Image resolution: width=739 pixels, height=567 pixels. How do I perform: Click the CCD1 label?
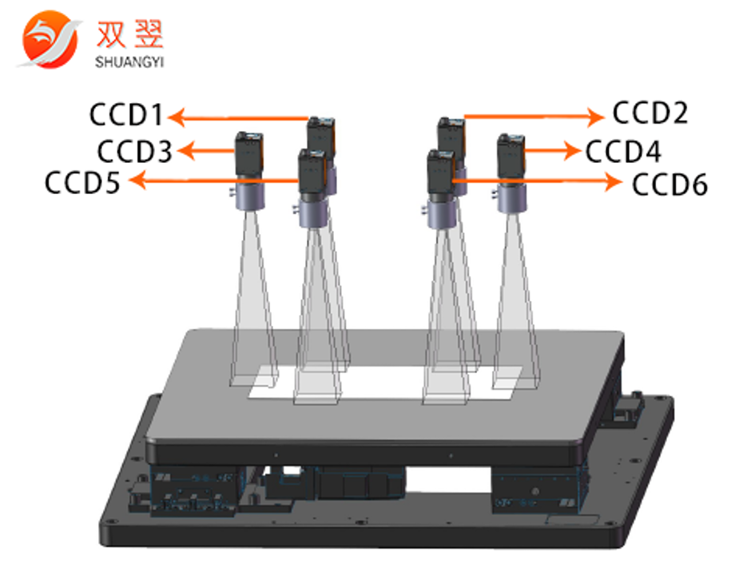click(125, 116)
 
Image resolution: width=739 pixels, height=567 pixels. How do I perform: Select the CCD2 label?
click(650, 113)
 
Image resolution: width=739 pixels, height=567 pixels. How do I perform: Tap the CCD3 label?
click(134, 151)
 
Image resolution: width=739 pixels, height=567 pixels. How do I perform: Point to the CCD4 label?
click(623, 151)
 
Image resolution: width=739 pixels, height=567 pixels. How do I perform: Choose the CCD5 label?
click(83, 183)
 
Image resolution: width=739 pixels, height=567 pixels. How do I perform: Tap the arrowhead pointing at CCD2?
click(597, 117)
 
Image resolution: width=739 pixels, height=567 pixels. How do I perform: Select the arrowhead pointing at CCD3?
click(186, 149)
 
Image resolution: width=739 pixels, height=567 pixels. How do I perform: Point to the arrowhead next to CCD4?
click(571, 150)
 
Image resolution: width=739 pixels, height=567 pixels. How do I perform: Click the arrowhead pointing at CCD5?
click(136, 181)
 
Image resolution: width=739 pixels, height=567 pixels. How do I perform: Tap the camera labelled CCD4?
click(511, 156)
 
